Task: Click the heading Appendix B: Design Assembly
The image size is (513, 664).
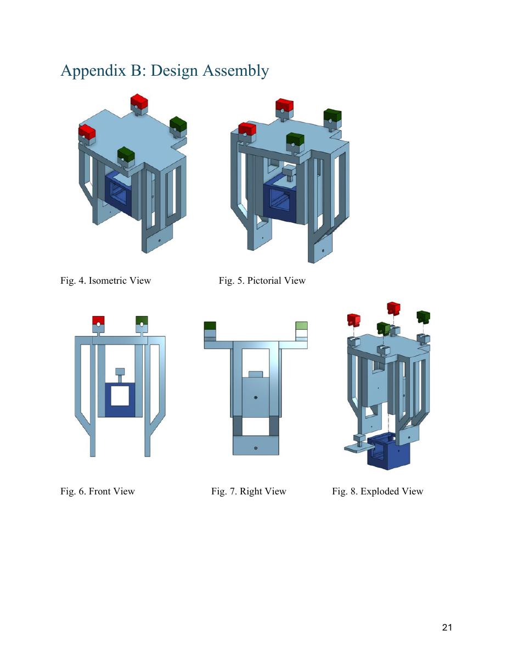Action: (165, 71)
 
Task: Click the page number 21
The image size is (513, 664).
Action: (447, 627)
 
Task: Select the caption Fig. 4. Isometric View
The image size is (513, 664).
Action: (105, 280)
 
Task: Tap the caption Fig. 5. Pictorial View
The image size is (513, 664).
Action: (262, 280)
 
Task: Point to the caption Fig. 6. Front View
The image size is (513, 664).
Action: (98, 491)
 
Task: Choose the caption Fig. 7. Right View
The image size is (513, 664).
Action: (249, 491)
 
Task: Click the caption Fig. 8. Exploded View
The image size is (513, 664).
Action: (377, 491)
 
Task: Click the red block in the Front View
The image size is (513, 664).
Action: (98, 320)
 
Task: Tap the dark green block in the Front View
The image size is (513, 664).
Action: (142, 320)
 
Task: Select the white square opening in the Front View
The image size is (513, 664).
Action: (120, 395)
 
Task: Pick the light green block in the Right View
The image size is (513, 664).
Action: (301, 326)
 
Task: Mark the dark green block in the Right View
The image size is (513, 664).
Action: (210, 326)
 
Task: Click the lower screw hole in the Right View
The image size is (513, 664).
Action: (256, 448)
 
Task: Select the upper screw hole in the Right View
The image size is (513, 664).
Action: (256, 397)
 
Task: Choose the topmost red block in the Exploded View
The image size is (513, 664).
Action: (393, 308)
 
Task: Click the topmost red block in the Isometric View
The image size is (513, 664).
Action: (139, 102)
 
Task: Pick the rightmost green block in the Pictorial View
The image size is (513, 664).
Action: (332, 116)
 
